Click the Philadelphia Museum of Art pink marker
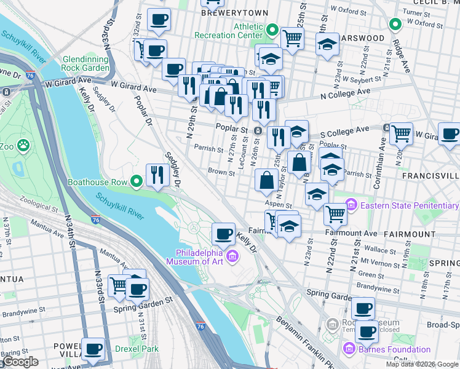(x=232, y=256)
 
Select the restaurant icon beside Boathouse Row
(x=157, y=175)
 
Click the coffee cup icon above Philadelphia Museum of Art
(x=223, y=234)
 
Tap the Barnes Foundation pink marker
(x=349, y=350)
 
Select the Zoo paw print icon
(x=23, y=146)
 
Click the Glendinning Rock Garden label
(x=85, y=63)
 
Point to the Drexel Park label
(x=137, y=349)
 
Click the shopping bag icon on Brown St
(x=266, y=180)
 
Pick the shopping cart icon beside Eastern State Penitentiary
(x=335, y=213)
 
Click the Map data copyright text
(x=421, y=364)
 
